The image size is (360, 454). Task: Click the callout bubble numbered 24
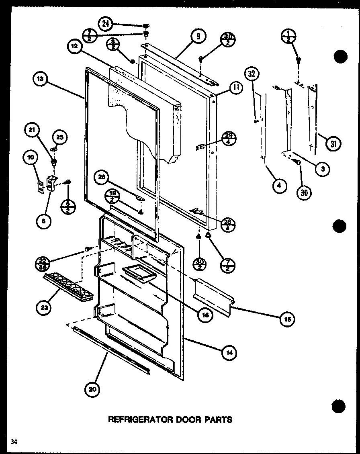106,24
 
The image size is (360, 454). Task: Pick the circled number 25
59,137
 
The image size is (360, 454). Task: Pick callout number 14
229,353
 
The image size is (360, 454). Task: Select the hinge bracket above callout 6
51,183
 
